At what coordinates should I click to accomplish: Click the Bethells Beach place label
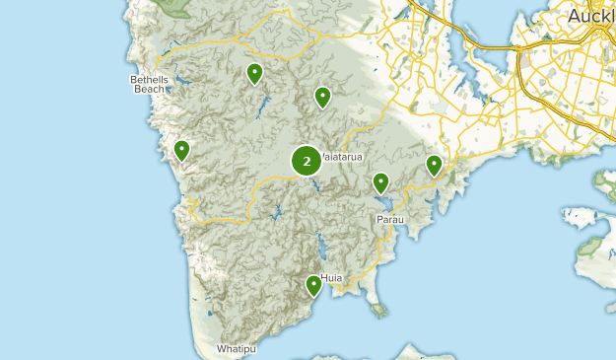click(x=149, y=84)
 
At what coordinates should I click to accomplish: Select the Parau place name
click(x=390, y=219)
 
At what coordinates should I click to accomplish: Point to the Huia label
click(x=332, y=278)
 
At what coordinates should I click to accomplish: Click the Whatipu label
click(x=237, y=349)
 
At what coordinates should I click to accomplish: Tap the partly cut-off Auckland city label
click(x=591, y=17)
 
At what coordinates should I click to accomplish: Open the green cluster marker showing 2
click(x=307, y=161)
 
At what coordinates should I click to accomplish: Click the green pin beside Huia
click(x=313, y=285)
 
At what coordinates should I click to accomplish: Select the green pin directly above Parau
click(x=380, y=182)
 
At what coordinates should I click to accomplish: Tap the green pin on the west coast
click(x=181, y=150)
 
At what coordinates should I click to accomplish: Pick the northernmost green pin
click(x=254, y=73)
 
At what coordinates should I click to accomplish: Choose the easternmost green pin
click(x=434, y=165)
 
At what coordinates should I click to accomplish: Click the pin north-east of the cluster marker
click(x=322, y=97)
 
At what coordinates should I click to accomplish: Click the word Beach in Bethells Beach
click(x=149, y=89)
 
